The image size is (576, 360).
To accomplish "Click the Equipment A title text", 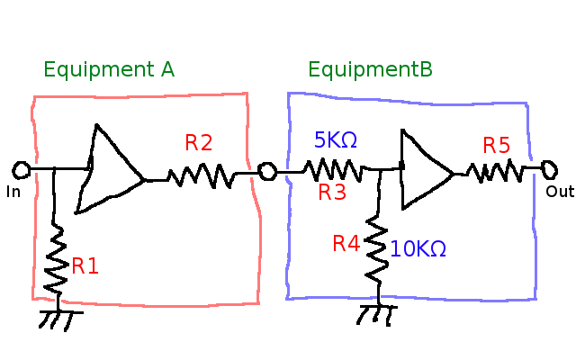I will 108,70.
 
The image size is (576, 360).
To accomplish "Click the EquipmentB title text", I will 370,70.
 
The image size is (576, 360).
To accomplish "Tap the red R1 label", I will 85,265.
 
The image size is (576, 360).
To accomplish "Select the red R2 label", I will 199,142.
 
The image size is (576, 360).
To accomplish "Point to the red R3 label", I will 331,191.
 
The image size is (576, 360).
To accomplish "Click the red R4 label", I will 346,243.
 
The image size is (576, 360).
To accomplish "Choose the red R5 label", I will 496,145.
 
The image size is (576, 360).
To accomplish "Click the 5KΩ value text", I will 335,140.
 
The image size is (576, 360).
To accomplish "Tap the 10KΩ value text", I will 418,249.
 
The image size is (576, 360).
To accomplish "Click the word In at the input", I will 13,192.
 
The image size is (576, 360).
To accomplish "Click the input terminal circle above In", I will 22,169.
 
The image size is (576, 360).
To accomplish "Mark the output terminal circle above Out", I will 548,167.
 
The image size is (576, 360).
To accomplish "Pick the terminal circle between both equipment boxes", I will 266,171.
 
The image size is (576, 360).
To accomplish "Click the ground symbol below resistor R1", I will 60,319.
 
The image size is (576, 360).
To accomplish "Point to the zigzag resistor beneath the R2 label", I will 200,175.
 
